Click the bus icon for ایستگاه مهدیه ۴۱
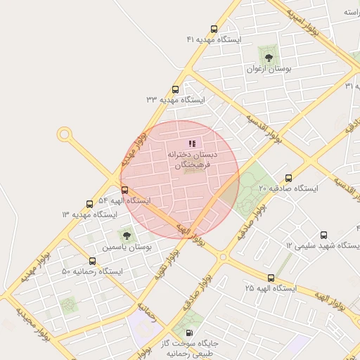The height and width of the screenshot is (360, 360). (214, 30)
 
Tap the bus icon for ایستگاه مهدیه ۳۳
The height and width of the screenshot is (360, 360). (175, 89)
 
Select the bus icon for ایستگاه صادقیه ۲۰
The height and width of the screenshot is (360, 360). (288, 178)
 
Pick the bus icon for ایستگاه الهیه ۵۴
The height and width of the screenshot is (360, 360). (124, 190)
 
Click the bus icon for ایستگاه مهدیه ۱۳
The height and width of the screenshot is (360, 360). (89, 203)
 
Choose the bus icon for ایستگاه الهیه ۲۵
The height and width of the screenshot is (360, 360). (271, 278)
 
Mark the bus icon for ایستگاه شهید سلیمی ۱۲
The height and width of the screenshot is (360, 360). (323, 235)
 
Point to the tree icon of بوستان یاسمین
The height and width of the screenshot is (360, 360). (127, 236)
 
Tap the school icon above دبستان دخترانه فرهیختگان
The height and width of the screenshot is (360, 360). (192, 143)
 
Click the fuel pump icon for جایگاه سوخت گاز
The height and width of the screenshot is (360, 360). (188, 332)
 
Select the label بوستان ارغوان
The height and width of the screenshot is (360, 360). (268, 70)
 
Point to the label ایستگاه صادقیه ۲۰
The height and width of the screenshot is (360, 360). (288, 188)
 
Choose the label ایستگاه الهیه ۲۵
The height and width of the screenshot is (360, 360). (271, 289)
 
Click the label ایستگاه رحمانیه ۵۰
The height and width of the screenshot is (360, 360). (92, 271)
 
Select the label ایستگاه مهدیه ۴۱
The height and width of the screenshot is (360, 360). (214, 40)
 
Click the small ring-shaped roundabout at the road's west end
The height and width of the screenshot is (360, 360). (65, 134)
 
